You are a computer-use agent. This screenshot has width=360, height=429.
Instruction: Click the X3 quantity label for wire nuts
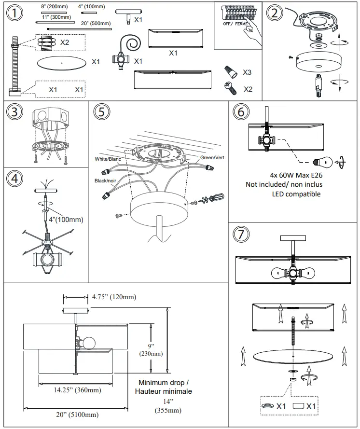pos(247,72)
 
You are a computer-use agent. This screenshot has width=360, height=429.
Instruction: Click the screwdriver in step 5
pos(212,199)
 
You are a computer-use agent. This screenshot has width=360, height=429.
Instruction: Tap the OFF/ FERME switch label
pos(235,23)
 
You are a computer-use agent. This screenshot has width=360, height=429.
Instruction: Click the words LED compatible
pos(296,194)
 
